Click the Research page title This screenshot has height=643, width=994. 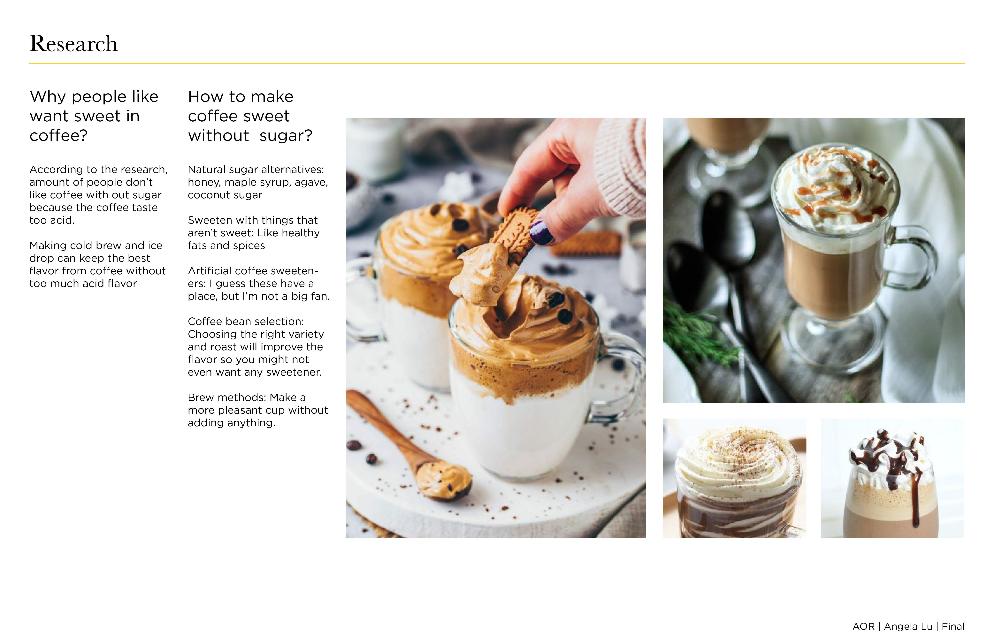pyautogui.click(x=73, y=43)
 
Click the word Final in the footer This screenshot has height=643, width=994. pyautogui.click(x=953, y=626)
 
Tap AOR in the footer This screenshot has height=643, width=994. pyautogui.click(x=864, y=626)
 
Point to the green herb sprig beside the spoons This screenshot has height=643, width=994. pyautogui.click(x=698, y=334)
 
